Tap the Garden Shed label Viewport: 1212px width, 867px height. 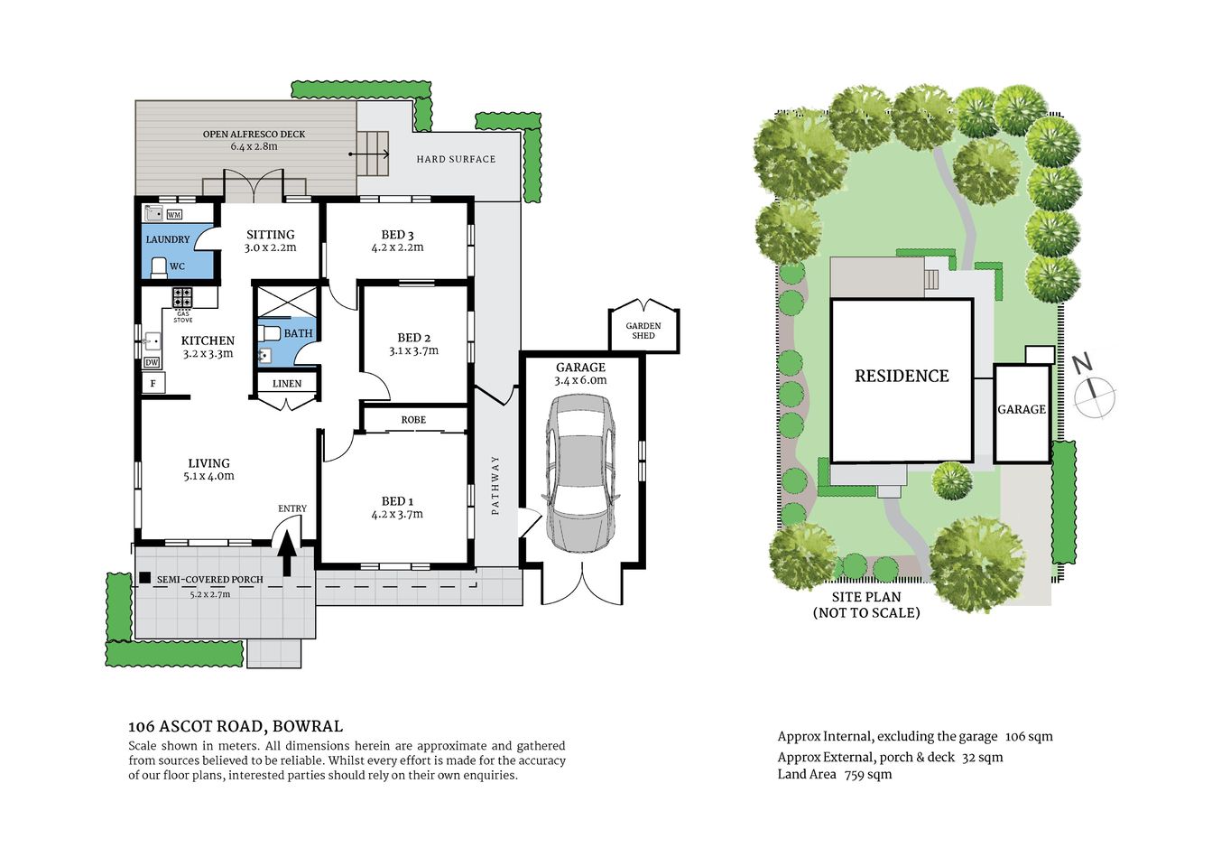click(643, 331)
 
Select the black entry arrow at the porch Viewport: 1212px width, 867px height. click(287, 553)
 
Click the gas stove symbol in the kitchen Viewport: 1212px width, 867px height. click(182, 297)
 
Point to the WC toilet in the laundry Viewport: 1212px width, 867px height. click(160, 266)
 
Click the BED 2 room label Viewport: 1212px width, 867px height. click(413, 343)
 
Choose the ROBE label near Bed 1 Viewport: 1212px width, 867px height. click(413, 420)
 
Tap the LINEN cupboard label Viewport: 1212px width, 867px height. click(287, 384)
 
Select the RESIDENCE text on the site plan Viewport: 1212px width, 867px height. click(902, 376)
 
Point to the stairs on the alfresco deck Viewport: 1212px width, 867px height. click(372, 154)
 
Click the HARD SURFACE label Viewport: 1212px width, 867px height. click(456, 159)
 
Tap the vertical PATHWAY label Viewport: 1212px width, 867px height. click(495, 485)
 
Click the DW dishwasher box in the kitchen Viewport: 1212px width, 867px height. click(152, 362)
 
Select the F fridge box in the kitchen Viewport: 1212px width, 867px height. click(153, 384)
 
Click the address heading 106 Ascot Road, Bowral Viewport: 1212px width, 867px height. click(236, 726)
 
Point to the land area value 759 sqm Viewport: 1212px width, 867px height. click(867, 774)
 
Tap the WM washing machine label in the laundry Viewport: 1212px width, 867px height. click(174, 214)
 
